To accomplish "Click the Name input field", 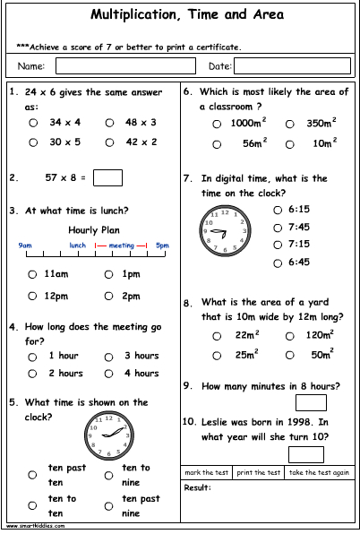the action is click(126, 66).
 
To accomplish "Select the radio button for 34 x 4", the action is click(33, 123).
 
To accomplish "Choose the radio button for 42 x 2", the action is click(109, 142).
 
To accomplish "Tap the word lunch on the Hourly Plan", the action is click(78, 245).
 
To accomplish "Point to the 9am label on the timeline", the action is click(25, 245).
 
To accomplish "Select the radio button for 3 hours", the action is click(109, 356).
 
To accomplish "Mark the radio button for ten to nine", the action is click(109, 474).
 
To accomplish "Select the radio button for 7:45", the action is click(277, 228).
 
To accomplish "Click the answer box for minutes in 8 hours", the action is click(310, 401).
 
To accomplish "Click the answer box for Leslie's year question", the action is click(306, 453).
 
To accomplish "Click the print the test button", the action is click(259, 472).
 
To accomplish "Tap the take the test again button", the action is click(319, 472).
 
